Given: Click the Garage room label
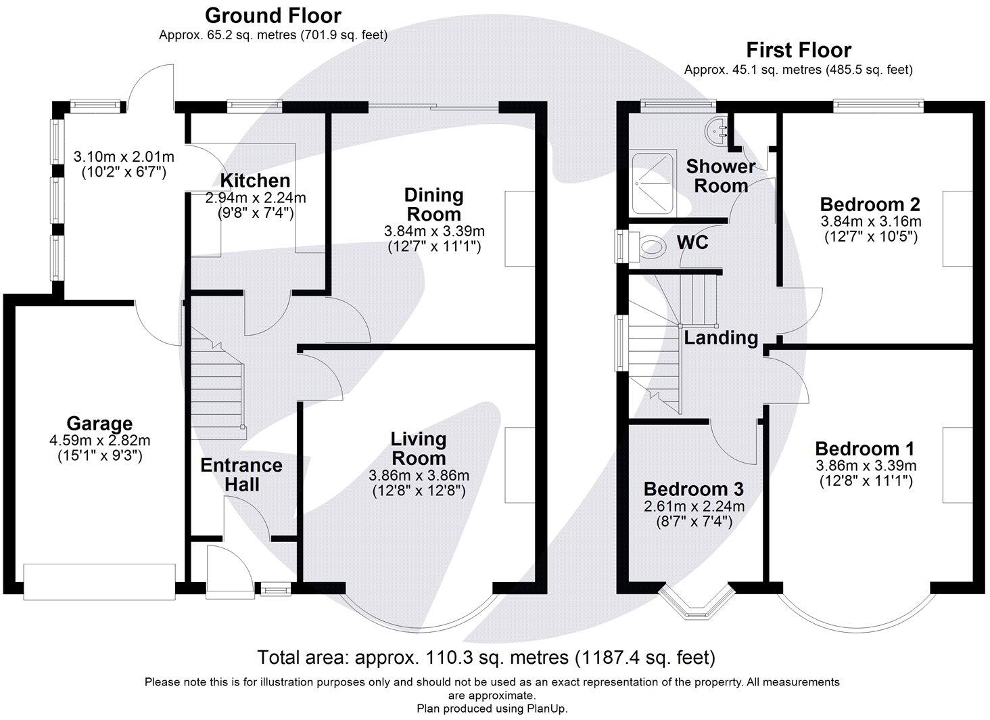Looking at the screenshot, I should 99,424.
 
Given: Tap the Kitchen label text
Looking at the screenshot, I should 255,181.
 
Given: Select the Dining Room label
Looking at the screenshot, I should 433,204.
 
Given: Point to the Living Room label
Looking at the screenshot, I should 419,449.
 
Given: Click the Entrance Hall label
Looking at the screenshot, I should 241,474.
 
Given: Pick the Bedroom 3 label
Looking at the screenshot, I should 693,489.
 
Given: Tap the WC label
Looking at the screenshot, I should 692,242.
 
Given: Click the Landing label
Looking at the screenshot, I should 721,337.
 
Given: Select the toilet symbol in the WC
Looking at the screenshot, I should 650,246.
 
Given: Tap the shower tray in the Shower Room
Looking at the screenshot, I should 653,181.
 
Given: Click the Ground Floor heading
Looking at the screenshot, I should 273,15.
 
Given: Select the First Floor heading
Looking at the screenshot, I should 798,49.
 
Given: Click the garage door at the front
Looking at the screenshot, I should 99,581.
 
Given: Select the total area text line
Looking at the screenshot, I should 486,656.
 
